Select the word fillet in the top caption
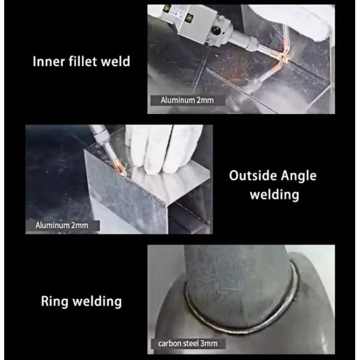tap(86, 62)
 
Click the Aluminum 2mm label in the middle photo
tap(62, 226)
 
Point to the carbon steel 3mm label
tap(188, 344)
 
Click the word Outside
tap(254, 176)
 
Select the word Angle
tap(298, 176)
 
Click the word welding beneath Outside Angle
tap(274, 196)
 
